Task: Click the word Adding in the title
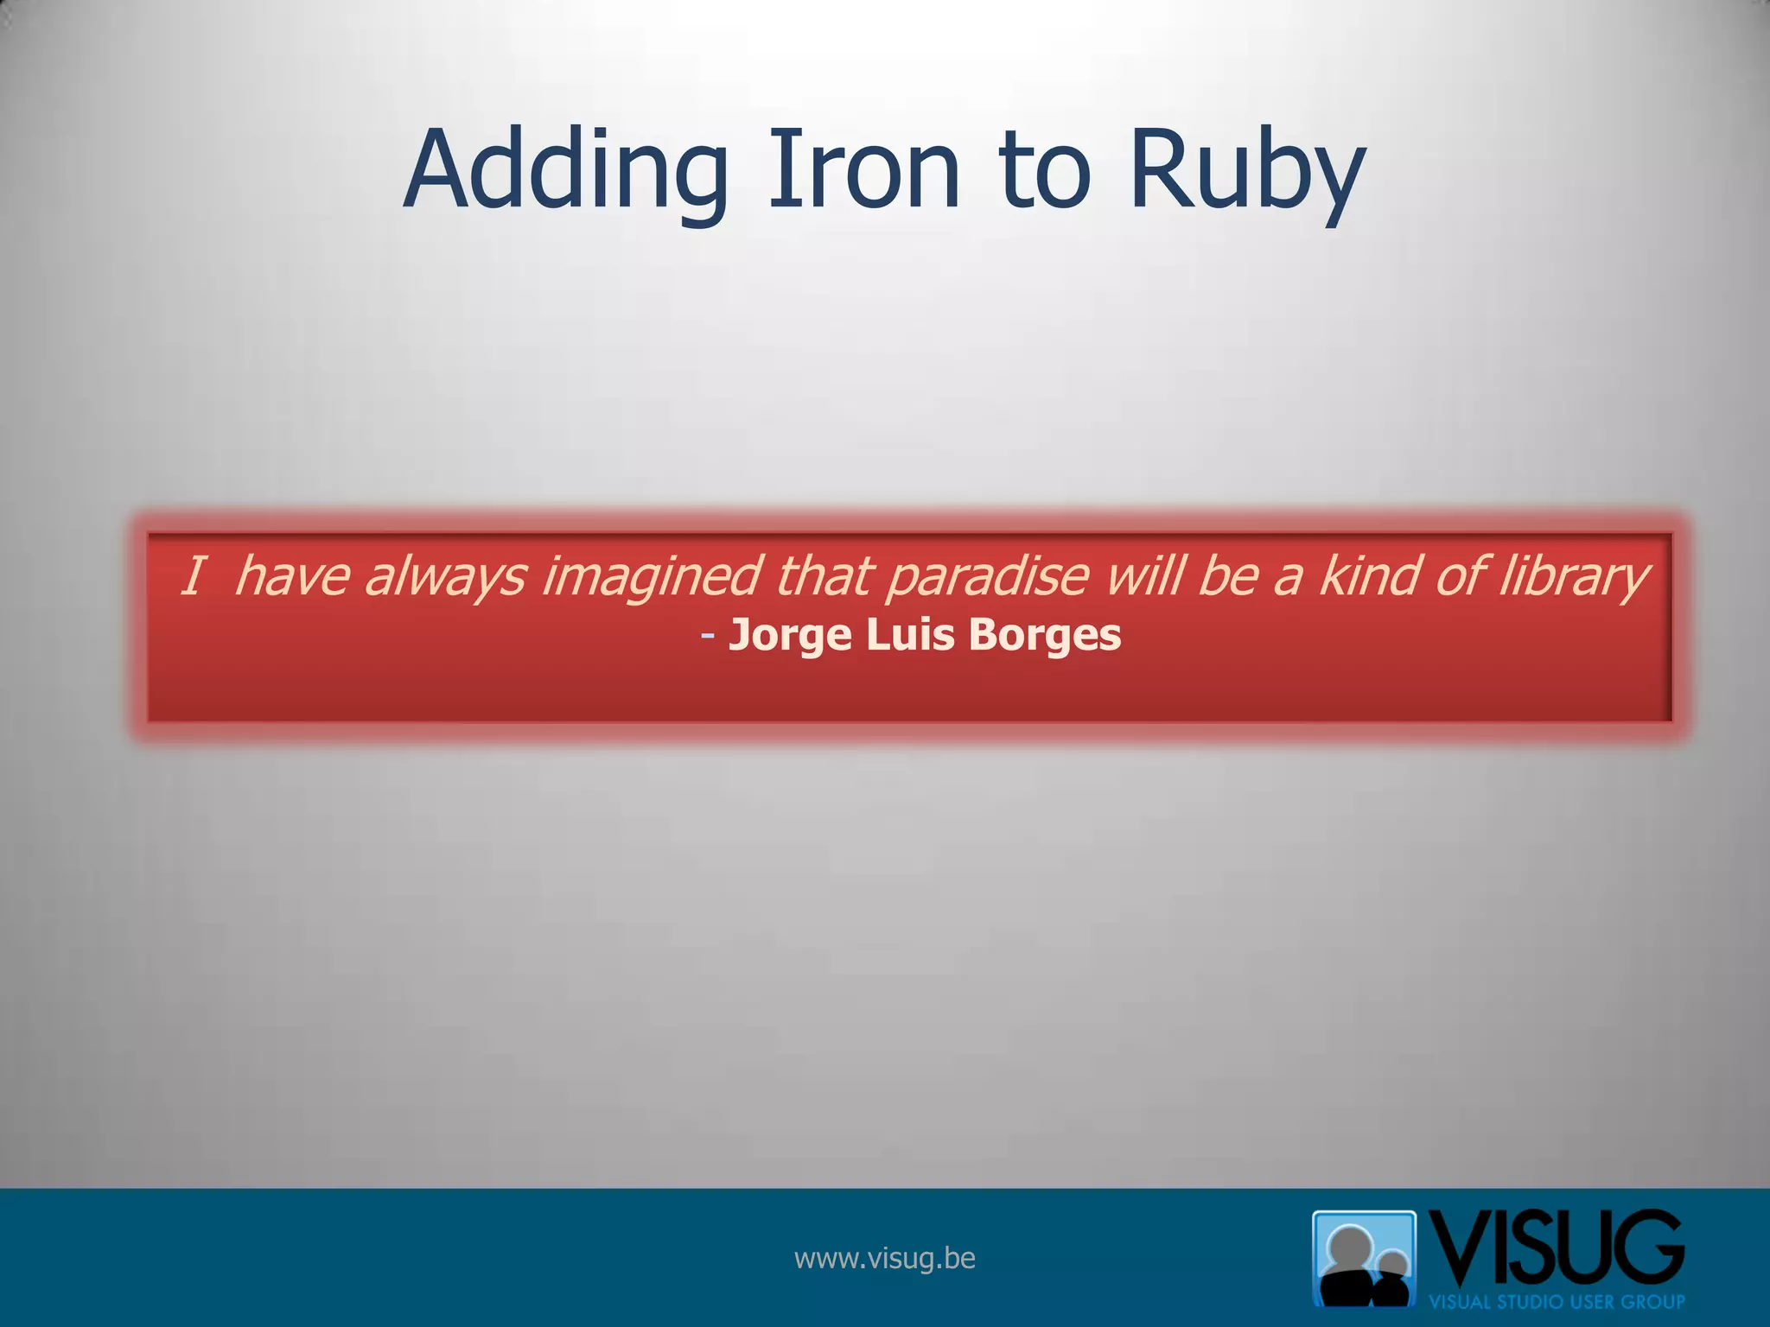[x=566, y=170]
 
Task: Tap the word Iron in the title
[x=863, y=170]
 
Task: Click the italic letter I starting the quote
[x=193, y=576]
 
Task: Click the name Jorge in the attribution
[x=790, y=636]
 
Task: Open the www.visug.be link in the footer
[x=884, y=1258]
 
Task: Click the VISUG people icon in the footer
[x=1364, y=1258]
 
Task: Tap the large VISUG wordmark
[x=1556, y=1249]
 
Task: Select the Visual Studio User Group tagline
[x=1557, y=1301]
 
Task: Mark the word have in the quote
[x=291, y=576]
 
